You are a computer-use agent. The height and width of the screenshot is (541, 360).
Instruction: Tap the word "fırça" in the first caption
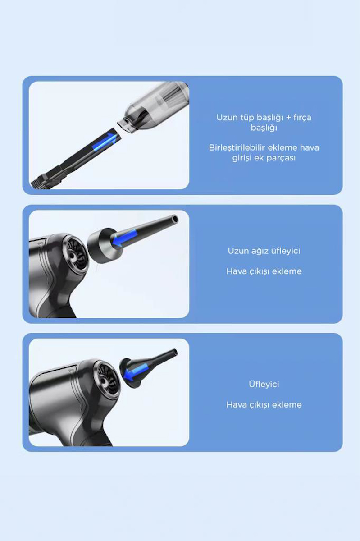coord(302,118)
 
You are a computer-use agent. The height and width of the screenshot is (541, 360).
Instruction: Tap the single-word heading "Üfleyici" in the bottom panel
coord(264,384)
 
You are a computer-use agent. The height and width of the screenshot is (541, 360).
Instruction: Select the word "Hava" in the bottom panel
coord(236,404)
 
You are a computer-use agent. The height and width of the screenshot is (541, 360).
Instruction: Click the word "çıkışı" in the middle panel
coord(259,271)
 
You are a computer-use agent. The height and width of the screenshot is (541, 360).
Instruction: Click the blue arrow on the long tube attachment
coord(105,142)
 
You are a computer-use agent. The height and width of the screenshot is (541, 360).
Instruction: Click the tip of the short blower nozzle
coord(174,353)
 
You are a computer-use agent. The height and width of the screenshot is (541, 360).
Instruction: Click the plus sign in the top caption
coord(288,118)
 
